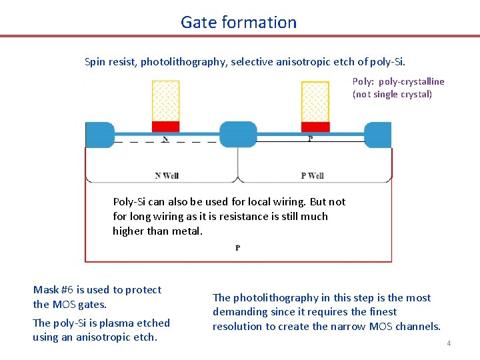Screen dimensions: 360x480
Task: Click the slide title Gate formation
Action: click(x=239, y=22)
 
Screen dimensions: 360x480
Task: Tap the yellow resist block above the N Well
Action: click(x=165, y=101)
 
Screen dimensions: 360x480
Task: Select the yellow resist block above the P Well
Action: click(x=315, y=101)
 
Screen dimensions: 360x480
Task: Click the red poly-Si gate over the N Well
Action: click(x=165, y=127)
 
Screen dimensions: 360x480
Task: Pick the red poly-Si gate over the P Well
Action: click(x=315, y=127)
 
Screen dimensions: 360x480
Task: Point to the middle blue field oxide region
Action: click(x=238, y=135)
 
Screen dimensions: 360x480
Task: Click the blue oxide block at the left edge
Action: click(x=99, y=135)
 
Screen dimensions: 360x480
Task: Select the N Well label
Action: click(x=167, y=176)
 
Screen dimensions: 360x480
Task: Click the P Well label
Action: click(x=312, y=176)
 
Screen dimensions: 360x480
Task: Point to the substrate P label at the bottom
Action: click(x=238, y=248)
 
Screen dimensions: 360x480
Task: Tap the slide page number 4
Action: click(x=449, y=343)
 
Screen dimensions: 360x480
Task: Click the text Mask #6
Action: click(x=53, y=290)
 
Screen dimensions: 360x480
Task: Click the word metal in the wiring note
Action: click(x=187, y=231)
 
